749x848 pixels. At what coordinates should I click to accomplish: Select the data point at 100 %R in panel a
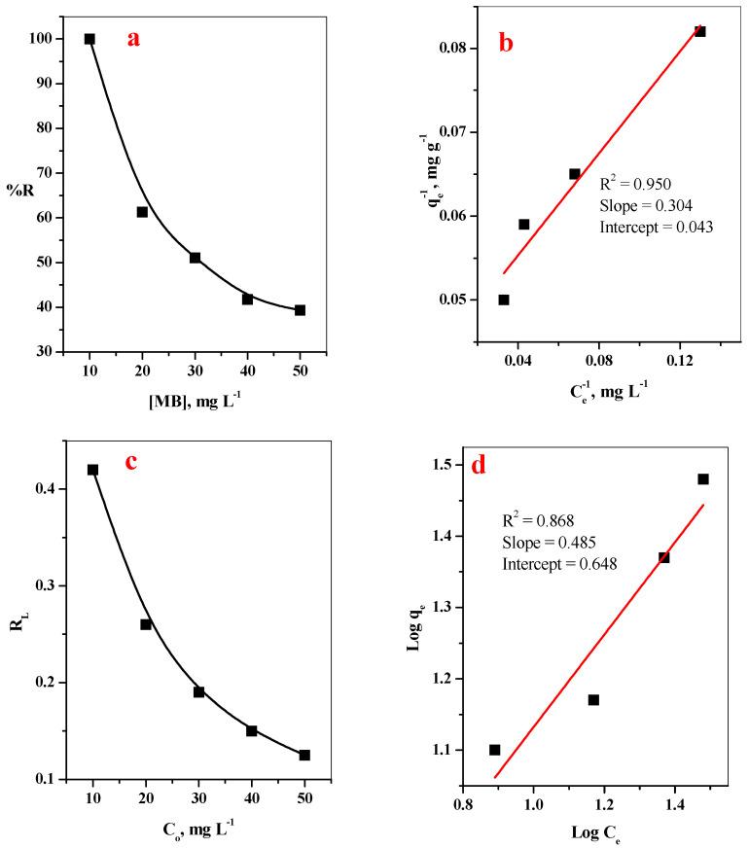[x=89, y=39]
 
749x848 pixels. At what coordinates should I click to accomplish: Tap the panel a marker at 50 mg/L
[x=300, y=310]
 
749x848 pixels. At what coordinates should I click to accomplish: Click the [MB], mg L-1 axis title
[x=195, y=403]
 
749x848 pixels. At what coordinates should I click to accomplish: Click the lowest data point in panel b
[x=504, y=300]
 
